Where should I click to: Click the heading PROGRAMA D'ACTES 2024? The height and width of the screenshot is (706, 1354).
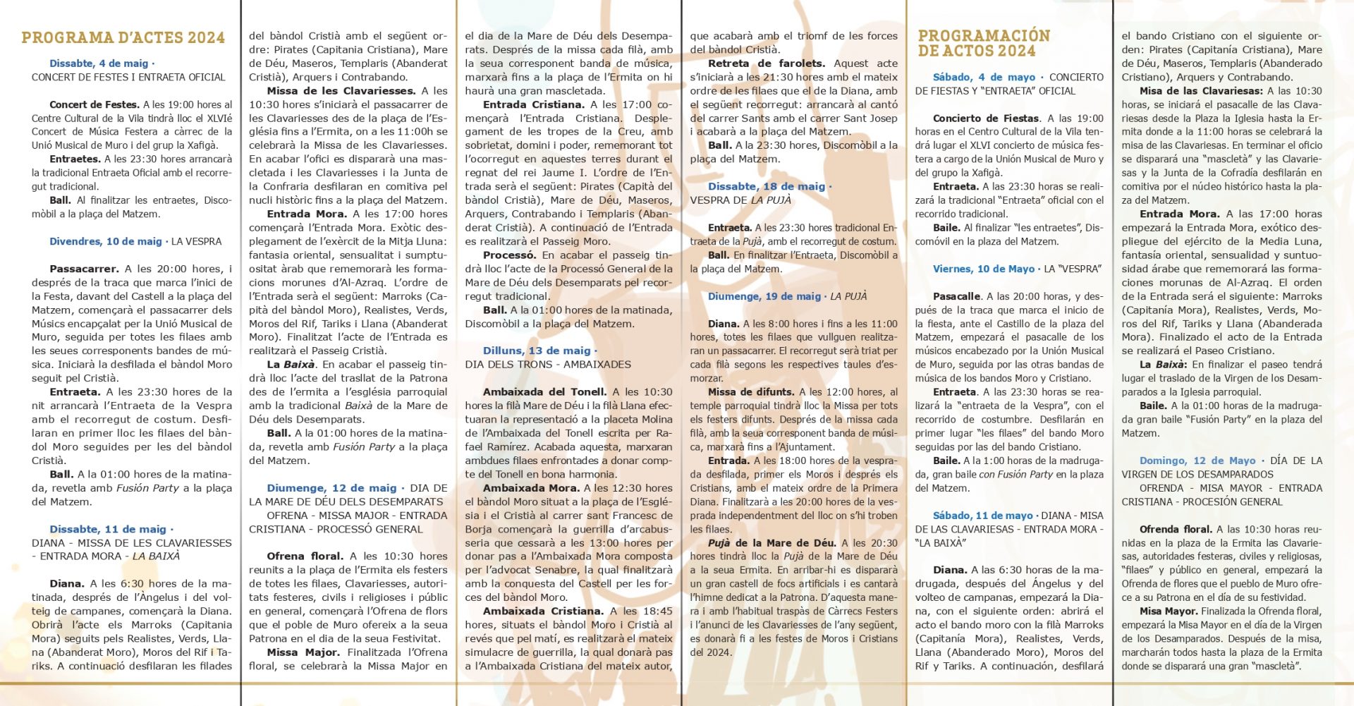[x=123, y=37]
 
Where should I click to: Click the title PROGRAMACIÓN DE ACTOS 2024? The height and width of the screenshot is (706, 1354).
[x=984, y=43]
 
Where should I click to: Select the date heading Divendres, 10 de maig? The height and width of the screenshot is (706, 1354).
[x=106, y=241]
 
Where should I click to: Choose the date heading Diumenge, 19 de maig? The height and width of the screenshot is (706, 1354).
[x=764, y=296]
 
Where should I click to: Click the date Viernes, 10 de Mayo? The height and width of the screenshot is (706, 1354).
[x=984, y=269]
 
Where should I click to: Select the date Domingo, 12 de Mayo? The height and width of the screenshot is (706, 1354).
[x=1197, y=461]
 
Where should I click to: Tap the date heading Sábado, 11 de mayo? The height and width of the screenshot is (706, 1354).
[x=982, y=516]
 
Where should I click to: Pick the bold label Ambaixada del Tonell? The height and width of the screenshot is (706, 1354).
[x=544, y=392]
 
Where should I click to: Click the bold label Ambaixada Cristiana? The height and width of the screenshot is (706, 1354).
[x=543, y=611]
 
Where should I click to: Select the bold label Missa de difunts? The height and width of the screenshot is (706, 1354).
[x=751, y=392]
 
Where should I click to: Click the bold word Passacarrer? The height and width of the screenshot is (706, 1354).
[x=84, y=269]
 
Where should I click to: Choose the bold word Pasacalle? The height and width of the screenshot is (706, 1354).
[x=956, y=296]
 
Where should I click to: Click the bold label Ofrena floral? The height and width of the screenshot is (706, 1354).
[x=305, y=556]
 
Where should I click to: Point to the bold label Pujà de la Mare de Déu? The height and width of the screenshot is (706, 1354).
[x=772, y=543]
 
